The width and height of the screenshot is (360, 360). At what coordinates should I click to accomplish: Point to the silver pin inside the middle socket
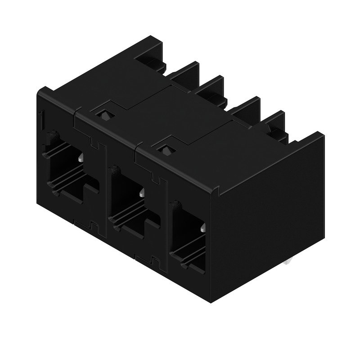(x=143, y=193)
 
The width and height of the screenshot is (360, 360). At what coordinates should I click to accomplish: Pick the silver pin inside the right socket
(x=203, y=229)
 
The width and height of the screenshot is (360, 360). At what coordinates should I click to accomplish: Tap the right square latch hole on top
(x=166, y=148)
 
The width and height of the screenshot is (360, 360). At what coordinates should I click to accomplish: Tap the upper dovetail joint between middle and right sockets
(x=157, y=178)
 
